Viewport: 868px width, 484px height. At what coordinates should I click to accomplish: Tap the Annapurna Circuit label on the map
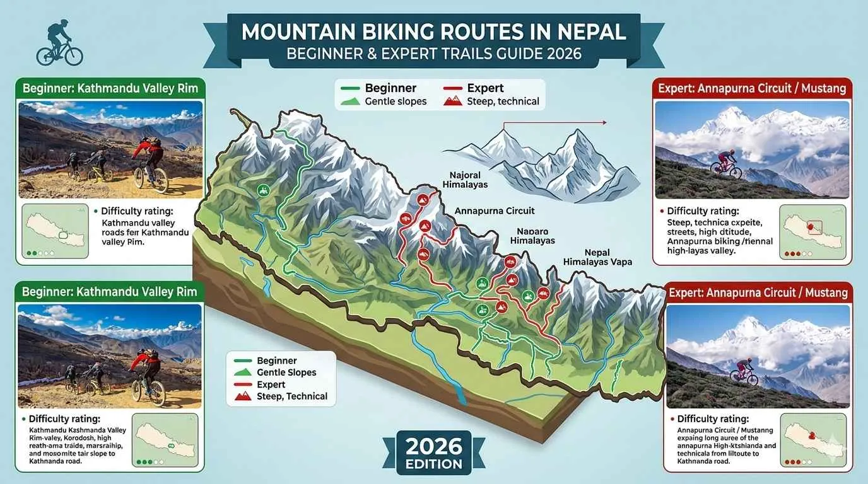point(494,211)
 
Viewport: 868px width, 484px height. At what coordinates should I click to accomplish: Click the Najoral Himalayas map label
point(465,180)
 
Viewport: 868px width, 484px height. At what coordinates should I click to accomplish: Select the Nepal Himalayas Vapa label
point(597,256)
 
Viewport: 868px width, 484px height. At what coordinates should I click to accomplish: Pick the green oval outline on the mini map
point(63,235)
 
